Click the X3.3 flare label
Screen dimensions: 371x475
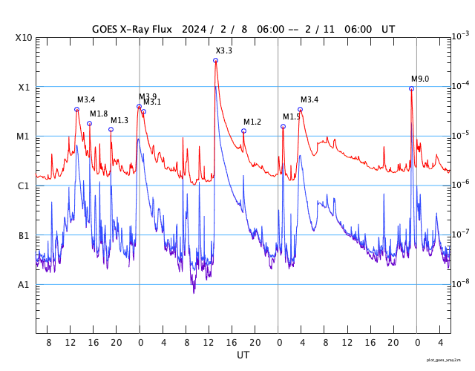tap(223, 50)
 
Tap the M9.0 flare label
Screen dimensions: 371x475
tap(420, 79)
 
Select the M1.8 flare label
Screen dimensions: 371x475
tap(99, 114)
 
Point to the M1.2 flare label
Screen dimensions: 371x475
tap(252, 122)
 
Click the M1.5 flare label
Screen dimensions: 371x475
tap(292, 116)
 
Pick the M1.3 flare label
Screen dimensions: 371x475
tap(119, 120)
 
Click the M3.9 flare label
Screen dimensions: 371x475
tap(148, 96)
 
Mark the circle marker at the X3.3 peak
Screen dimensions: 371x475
tap(215, 60)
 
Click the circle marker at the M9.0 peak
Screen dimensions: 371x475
tap(411, 88)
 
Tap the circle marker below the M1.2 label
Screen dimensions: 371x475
tap(243, 131)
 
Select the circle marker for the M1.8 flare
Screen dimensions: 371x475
tap(89, 123)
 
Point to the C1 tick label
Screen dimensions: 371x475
tap(24, 186)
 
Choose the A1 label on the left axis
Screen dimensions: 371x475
tap(24, 285)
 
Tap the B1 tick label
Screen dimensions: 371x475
tap(24, 236)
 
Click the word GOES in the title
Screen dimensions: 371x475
tap(108, 29)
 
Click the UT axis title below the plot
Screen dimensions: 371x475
tap(243, 355)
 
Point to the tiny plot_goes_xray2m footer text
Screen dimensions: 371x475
tap(448, 360)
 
